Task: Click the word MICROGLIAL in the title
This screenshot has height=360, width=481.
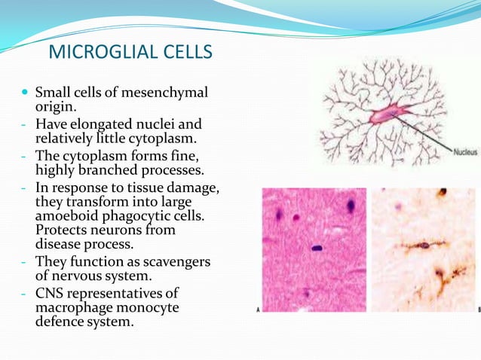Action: coord(100,53)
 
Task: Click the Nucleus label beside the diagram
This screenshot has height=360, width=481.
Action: coord(464,151)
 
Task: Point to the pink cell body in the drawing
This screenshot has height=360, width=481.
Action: coord(385,114)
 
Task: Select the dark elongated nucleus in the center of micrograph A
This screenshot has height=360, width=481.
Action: coord(317,247)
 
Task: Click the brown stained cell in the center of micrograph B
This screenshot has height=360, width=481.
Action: coord(425,245)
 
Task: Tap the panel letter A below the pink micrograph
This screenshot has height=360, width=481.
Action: coord(259,310)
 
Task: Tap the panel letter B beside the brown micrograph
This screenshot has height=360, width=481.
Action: coord(478,310)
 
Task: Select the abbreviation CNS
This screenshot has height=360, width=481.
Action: coord(51,293)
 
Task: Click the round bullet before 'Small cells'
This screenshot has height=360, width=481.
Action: coord(26,93)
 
